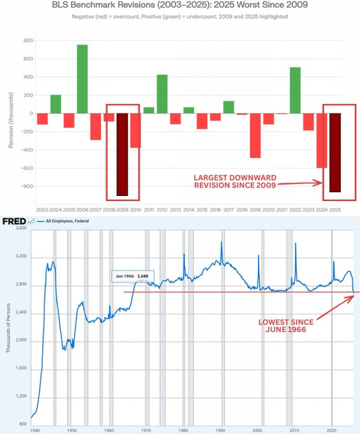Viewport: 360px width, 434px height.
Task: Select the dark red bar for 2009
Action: coord(122,154)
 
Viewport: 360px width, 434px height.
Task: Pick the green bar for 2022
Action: coord(295,90)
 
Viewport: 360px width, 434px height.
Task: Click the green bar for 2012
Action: coord(162,94)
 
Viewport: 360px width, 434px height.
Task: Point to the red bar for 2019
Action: coord(255,135)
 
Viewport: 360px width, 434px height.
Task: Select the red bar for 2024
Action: coord(322,140)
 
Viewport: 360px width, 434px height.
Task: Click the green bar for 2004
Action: coord(56,104)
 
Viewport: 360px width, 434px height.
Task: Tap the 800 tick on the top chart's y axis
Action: coord(27,40)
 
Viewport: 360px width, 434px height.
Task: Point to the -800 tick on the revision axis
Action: coord(26,187)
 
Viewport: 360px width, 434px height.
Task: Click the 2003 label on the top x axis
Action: coord(42,209)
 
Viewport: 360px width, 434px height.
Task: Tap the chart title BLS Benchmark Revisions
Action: coord(180,5)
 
